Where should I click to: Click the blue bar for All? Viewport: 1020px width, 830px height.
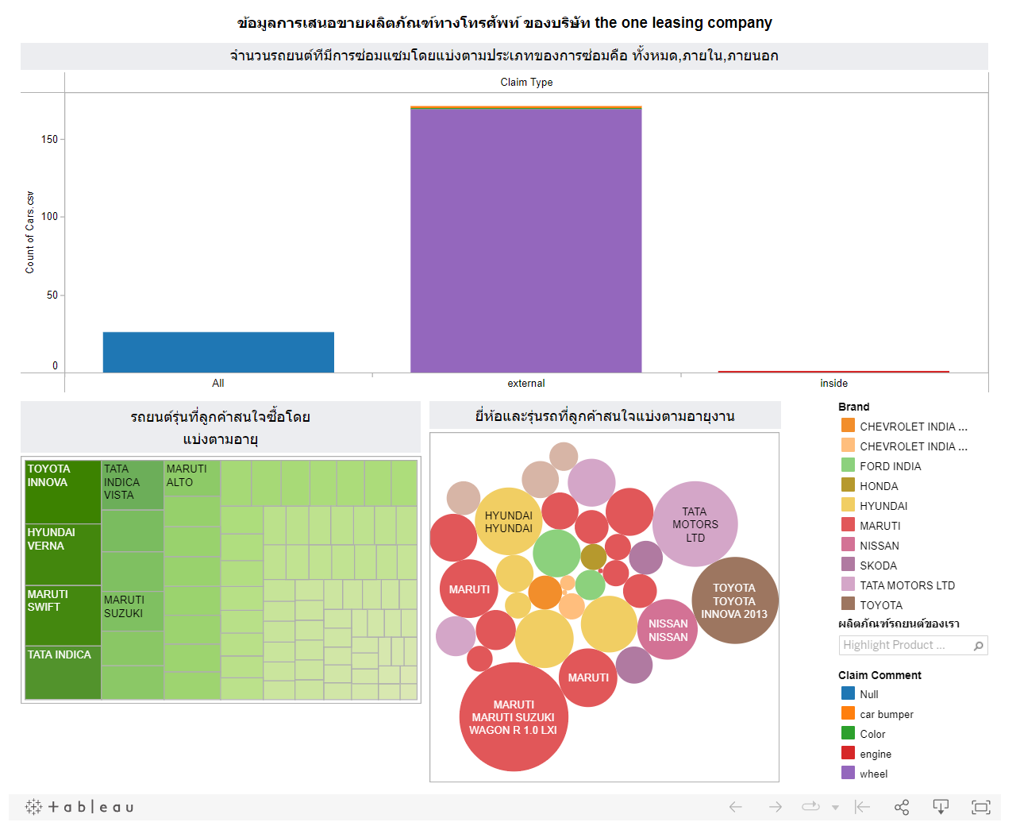click(x=218, y=352)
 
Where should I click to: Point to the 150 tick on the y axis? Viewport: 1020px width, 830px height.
click(x=49, y=140)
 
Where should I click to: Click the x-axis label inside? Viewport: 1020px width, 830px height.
click(x=833, y=383)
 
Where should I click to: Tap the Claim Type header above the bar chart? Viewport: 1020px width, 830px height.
click(x=526, y=82)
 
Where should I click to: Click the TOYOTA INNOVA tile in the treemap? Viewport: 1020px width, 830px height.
click(x=63, y=492)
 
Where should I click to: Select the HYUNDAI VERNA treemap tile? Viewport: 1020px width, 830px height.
click(x=63, y=554)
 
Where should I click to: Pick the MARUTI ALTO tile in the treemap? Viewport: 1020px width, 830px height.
click(x=192, y=477)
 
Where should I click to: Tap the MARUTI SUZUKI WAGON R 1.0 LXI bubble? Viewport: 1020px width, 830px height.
click(x=514, y=717)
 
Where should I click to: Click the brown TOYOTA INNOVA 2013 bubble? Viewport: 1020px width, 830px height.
click(x=734, y=600)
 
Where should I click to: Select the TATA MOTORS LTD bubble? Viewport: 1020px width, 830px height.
click(x=695, y=524)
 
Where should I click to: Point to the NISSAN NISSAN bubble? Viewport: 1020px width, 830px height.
click(x=668, y=630)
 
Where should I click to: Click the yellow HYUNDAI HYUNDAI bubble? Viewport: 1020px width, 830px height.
click(x=509, y=521)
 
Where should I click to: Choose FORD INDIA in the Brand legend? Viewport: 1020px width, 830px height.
click(x=890, y=466)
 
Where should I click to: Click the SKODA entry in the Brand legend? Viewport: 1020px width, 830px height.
click(x=878, y=566)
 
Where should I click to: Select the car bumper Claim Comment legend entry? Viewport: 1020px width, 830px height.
click(x=886, y=714)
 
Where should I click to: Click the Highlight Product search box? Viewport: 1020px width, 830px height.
click(x=905, y=645)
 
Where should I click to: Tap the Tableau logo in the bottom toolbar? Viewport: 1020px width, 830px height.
click(x=79, y=807)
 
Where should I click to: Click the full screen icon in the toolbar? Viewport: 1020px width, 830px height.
click(x=980, y=807)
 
